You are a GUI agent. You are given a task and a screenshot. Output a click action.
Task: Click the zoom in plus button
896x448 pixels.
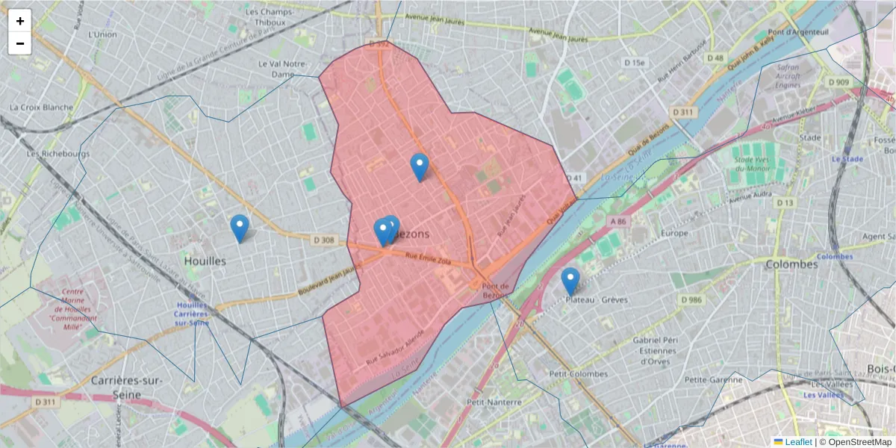[20, 21]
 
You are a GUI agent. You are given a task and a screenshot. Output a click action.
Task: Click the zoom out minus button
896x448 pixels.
[20, 43]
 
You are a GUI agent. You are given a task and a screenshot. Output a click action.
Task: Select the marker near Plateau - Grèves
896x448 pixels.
[570, 281]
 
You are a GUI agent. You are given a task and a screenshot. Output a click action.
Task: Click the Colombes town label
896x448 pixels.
[791, 264]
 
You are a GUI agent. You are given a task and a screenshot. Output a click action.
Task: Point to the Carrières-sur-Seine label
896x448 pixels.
[126, 386]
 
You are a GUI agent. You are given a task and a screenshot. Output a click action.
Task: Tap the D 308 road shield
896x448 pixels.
[323, 240]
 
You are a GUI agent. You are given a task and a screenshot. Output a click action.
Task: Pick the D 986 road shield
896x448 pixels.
[691, 299]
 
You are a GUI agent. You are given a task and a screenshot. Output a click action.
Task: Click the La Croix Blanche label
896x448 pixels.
[42, 107]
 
